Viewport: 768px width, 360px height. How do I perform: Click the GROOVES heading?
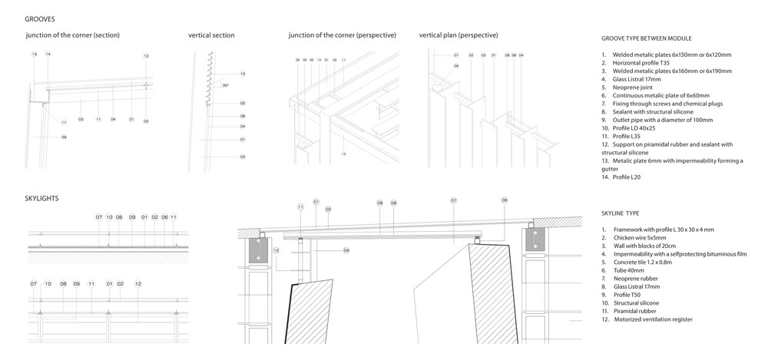39,18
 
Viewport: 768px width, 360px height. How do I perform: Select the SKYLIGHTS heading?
41,198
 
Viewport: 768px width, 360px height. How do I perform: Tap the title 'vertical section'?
211,35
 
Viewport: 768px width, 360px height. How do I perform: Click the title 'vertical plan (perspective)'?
458,35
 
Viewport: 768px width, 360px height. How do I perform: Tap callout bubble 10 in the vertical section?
242,74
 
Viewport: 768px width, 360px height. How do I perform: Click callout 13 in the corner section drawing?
35,54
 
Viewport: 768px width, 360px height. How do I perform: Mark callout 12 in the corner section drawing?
146,56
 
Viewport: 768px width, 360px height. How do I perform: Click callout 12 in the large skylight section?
276,250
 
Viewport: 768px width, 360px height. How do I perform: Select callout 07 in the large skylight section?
454,200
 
